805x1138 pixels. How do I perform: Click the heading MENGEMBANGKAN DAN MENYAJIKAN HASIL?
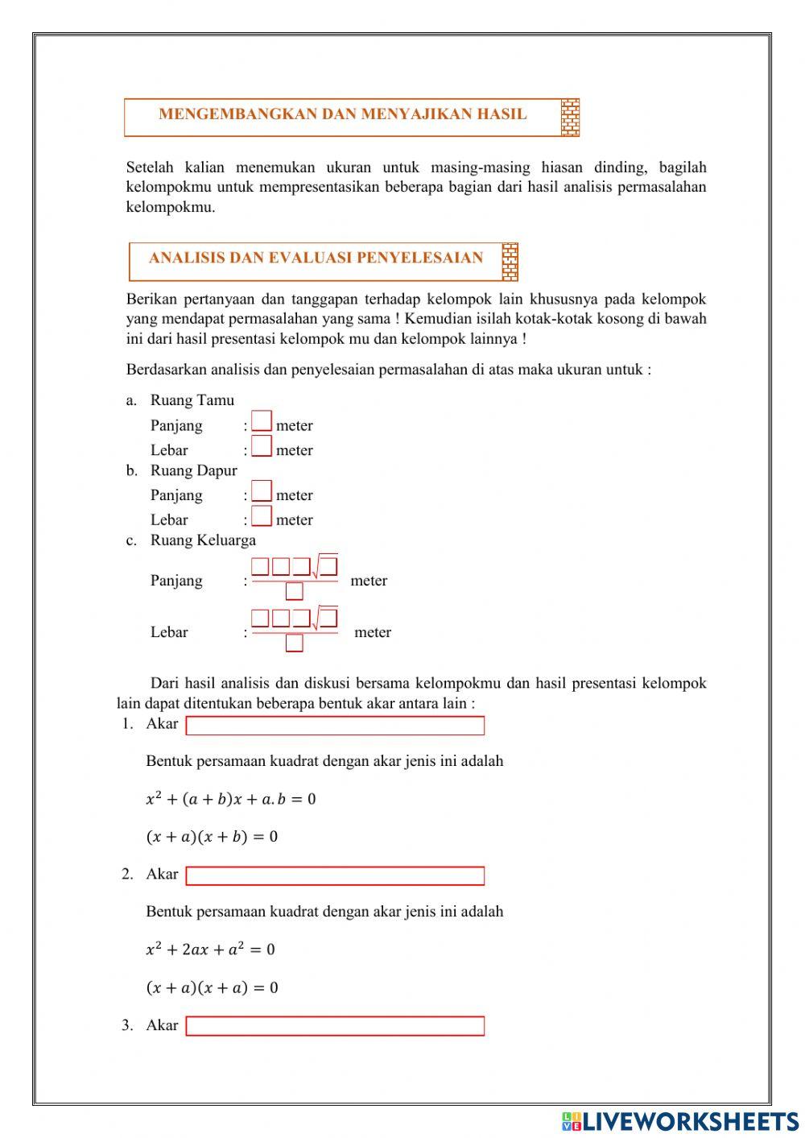pyautogui.click(x=342, y=114)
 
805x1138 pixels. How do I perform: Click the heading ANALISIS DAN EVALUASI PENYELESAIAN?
pyautogui.click(x=316, y=259)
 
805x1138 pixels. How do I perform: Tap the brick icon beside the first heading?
pyautogui.click(x=570, y=118)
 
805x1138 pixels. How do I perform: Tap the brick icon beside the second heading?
pyautogui.click(x=510, y=262)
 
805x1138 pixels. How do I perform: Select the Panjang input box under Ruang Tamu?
pyautogui.click(x=262, y=421)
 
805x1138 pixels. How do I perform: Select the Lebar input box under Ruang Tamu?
pyautogui.click(x=262, y=446)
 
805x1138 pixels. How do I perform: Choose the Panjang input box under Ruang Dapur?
pyautogui.click(x=262, y=491)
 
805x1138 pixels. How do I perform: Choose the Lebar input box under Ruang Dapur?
pyautogui.click(x=262, y=516)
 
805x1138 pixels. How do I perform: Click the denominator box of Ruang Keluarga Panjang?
pyautogui.click(x=295, y=591)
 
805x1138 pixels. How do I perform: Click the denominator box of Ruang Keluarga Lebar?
pyautogui.click(x=295, y=643)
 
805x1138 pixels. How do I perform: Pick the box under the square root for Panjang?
pyautogui.click(x=328, y=566)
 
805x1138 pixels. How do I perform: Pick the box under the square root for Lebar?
pyautogui.click(x=328, y=618)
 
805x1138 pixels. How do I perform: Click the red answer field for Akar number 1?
pyautogui.click(x=335, y=726)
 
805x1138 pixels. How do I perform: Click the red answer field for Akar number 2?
pyautogui.click(x=335, y=875)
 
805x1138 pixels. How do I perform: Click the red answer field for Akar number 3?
pyautogui.click(x=335, y=1026)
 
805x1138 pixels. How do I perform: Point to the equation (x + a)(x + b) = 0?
pyautogui.click(x=212, y=837)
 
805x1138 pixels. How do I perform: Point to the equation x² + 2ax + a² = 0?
pyautogui.click(x=210, y=950)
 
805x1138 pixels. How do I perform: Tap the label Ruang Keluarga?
pyautogui.click(x=203, y=540)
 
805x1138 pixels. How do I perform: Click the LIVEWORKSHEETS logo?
pyautogui.click(x=680, y=1120)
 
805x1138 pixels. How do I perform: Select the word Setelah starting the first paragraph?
pyautogui.click(x=150, y=168)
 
